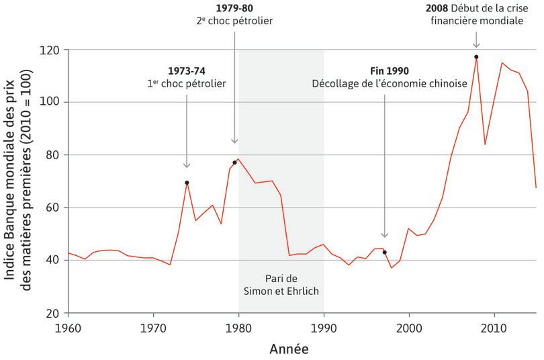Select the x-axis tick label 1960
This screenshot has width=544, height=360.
(x=69, y=328)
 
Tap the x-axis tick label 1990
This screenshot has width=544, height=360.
(x=324, y=328)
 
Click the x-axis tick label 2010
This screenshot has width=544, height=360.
(x=494, y=328)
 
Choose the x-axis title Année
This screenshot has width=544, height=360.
(x=290, y=349)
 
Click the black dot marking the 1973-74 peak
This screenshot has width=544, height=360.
(x=187, y=183)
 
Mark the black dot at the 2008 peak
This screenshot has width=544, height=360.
(x=476, y=57)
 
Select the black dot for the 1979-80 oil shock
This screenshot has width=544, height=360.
(x=234, y=163)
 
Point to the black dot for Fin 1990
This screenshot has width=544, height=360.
(x=384, y=252)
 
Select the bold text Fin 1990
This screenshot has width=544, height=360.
(x=390, y=71)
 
